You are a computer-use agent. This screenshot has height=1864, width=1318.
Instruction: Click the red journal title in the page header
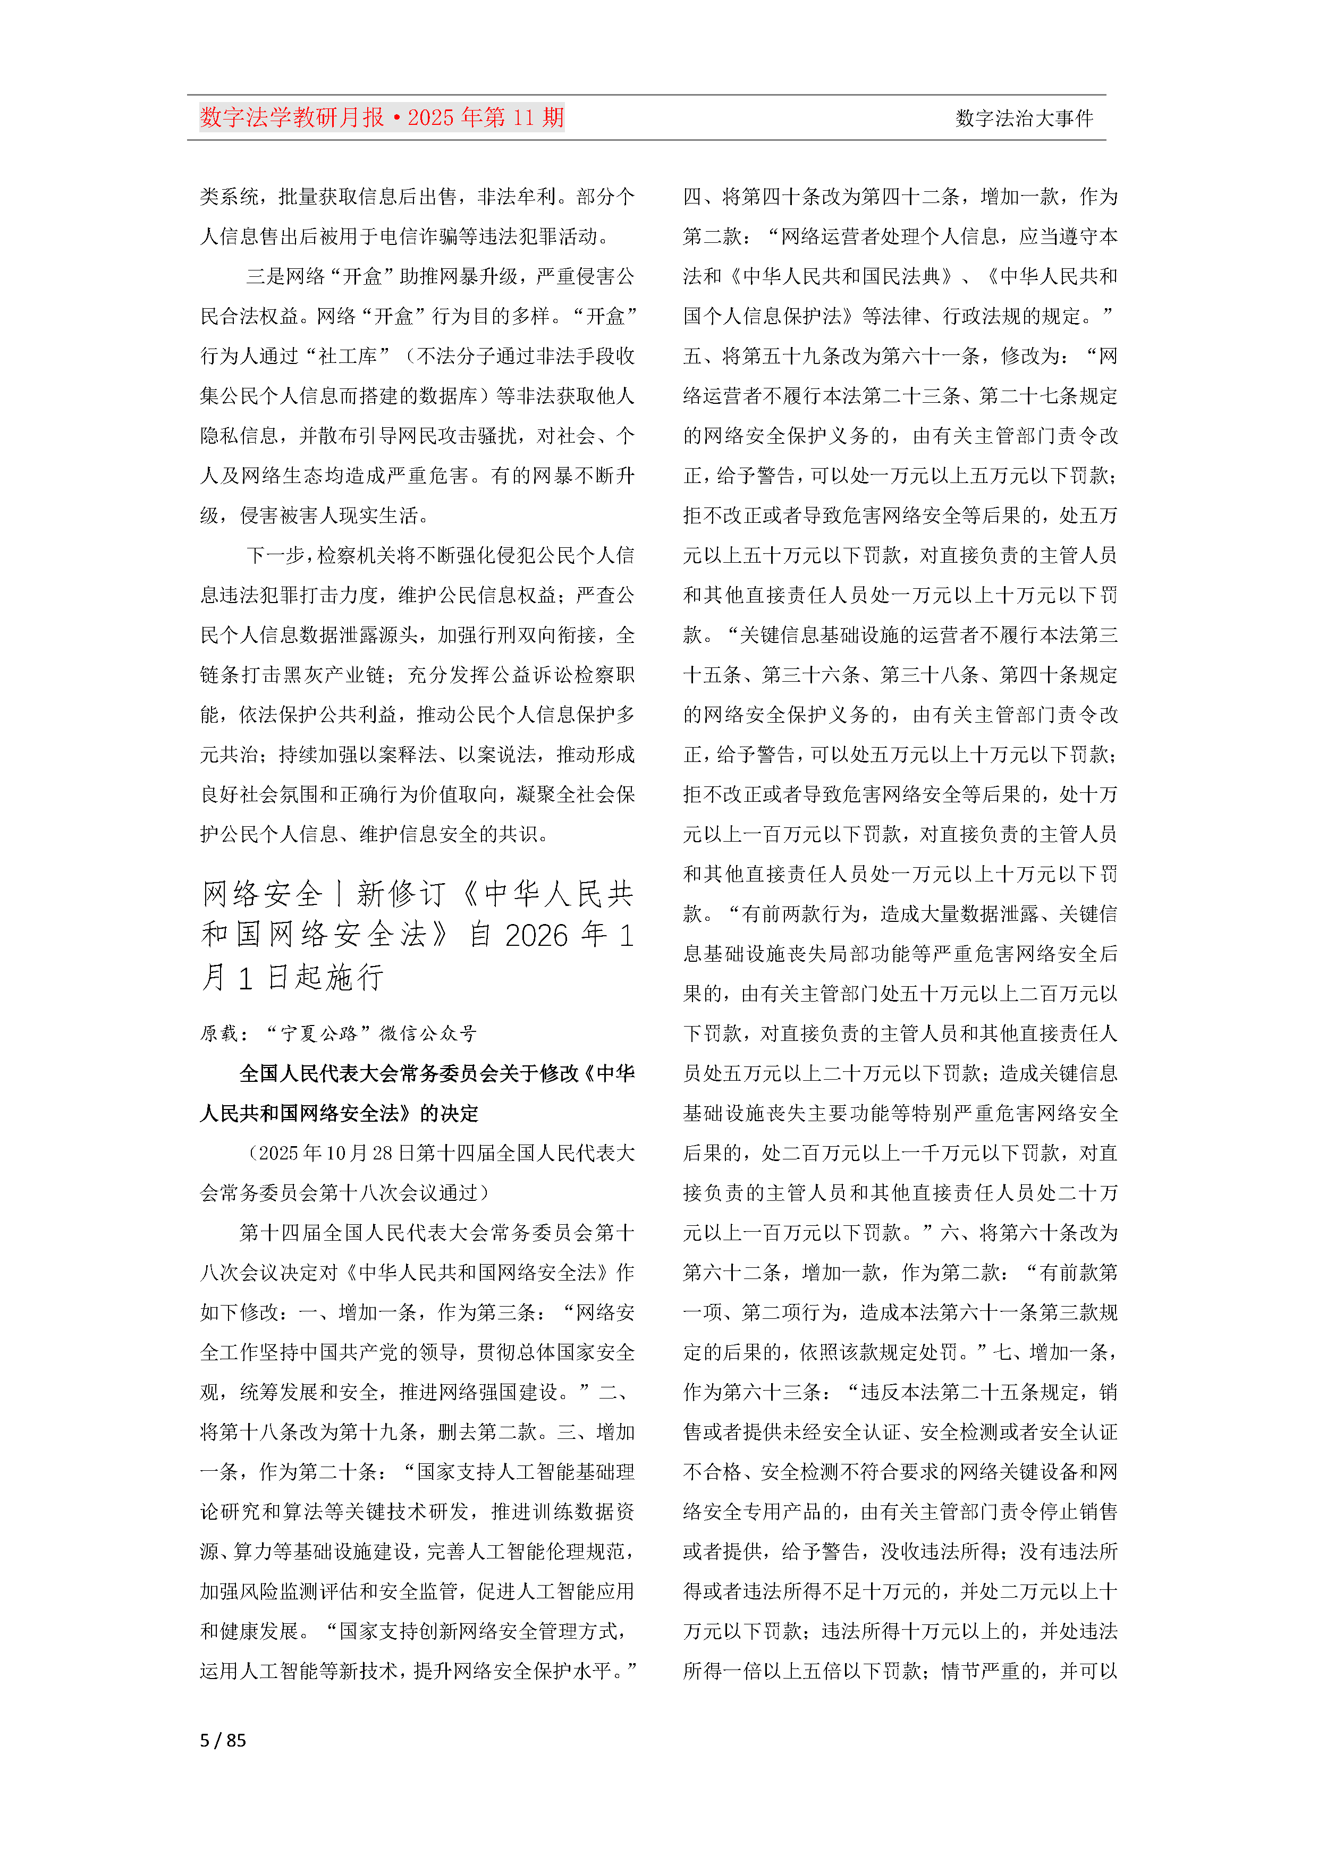pyautogui.click(x=382, y=118)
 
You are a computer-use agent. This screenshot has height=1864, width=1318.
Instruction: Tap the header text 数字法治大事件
pyautogui.click(x=1024, y=118)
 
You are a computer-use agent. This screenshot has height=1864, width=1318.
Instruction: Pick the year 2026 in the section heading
pyautogui.click(x=536, y=935)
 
